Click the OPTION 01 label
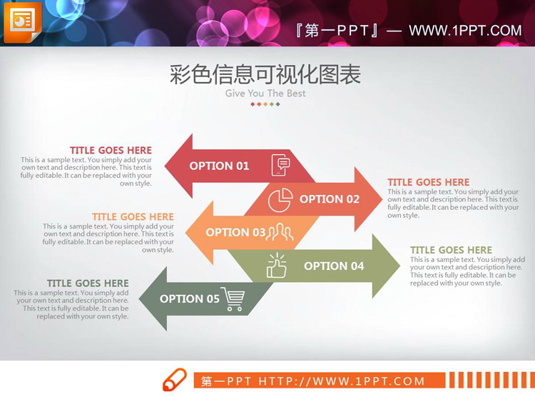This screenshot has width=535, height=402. [x=219, y=166]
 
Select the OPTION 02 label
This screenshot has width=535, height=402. [x=330, y=199]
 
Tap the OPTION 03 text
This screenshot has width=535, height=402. [x=235, y=232]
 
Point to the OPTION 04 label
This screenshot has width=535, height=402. [x=334, y=266]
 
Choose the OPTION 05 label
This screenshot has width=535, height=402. [x=189, y=298]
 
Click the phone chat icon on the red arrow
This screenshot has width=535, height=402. [x=281, y=165]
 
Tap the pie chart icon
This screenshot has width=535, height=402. [x=280, y=200]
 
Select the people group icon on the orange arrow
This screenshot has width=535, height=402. [x=280, y=231]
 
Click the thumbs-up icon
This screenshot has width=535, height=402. [x=276, y=266]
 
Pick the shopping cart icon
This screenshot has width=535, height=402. [x=233, y=298]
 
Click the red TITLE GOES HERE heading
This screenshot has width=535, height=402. [x=111, y=150]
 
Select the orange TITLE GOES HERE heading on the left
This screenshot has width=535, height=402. [x=133, y=216]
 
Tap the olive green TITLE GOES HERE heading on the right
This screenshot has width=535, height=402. [x=451, y=250]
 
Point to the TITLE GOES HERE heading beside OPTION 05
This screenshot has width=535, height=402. [x=88, y=283]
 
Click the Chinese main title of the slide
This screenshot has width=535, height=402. [x=265, y=74]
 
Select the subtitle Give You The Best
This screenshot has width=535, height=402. [x=265, y=94]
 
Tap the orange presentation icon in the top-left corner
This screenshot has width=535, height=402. [x=22, y=22]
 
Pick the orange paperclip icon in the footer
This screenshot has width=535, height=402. [x=175, y=380]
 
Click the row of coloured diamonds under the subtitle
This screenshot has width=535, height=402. [x=265, y=104]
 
